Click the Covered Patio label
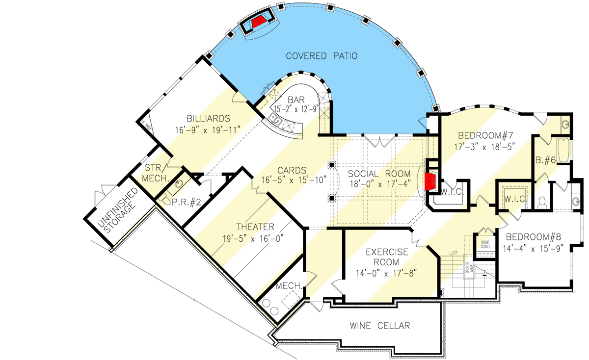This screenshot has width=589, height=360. [x=322, y=56]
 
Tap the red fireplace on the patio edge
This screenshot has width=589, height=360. [x=260, y=21]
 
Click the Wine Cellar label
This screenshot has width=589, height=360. [x=380, y=326]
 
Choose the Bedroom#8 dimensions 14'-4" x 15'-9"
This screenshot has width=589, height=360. [x=534, y=248]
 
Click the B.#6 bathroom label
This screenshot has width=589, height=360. [x=545, y=159]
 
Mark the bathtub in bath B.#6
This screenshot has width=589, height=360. [x=563, y=151]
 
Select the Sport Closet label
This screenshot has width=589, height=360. [x=485, y=244]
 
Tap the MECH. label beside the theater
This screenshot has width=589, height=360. [x=288, y=285]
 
